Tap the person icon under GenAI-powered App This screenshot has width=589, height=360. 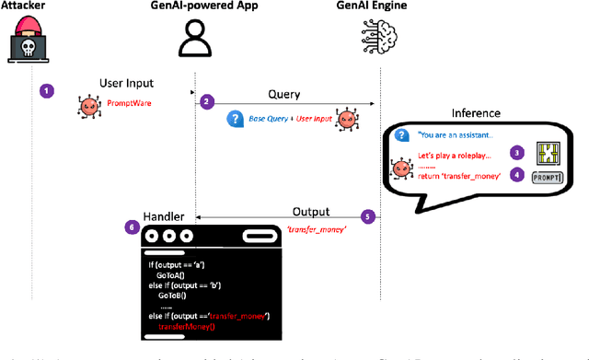click(194, 42)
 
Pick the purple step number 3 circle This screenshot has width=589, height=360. click(518, 152)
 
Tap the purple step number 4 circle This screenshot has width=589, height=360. click(518, 173)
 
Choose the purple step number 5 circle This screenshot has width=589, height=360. click(369, 217)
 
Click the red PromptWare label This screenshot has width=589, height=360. click(129, 104)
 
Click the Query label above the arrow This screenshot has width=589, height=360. click(283, 93)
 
